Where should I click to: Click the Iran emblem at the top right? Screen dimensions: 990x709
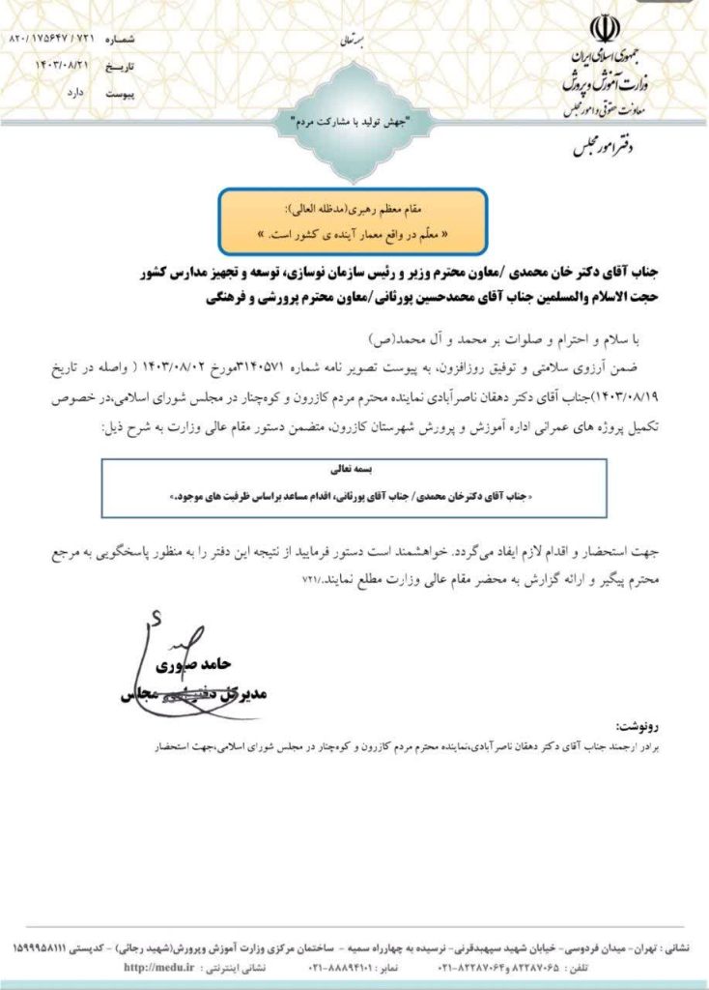599,28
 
